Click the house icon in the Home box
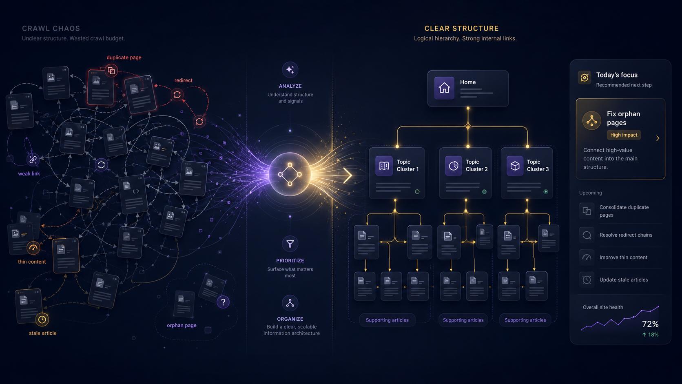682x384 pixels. [444, 88]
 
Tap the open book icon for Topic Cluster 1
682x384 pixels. [384, 166]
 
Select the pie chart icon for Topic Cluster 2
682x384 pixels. [453, 166]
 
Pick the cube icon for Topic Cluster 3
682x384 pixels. [515, 166]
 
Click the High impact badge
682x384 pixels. [624, 135]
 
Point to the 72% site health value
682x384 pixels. [650, 324]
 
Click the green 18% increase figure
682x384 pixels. [650, 335]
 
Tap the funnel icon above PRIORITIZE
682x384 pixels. [290, 244]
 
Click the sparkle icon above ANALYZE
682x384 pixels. [290, 70]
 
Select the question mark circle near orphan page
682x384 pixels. [223, 302]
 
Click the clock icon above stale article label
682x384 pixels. [42, 320]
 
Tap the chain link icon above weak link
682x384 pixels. [33, 160]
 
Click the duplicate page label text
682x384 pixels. [124, 58]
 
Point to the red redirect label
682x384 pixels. [183, 80]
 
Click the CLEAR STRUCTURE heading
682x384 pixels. [462, 29]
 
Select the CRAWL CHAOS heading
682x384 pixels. [51, 29]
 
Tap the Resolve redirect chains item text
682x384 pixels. [626, 235]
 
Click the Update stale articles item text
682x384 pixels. [624, 280]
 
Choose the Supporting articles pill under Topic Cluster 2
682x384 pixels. [463, 320]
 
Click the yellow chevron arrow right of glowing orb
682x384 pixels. [348, 175]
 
